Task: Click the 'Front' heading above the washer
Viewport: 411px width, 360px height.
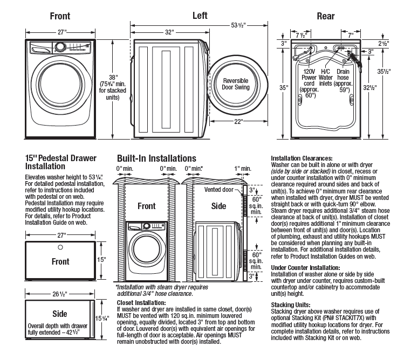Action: [59, 16]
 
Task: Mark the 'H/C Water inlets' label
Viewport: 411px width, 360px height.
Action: [326, 78]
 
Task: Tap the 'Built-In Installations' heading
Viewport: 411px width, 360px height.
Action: [156, 158]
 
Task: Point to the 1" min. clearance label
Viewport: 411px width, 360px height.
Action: [243, 169]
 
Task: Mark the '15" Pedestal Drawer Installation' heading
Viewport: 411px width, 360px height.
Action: [61, 162]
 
